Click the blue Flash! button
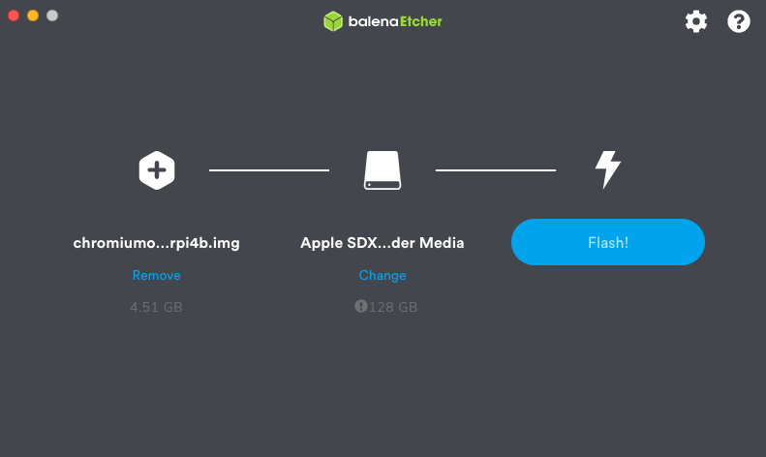tap(607, 242)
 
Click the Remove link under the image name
tap(156, 276)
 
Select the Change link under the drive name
tap(383, 276)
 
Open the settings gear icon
tap(696, 21)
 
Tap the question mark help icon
tap(739, 21)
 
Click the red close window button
tap(14, 15)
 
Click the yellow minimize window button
tap(33, 15)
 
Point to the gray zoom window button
tap(52, 15)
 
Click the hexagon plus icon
tap(157, 170)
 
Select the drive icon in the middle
tap(383, 170)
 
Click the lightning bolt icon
tap(607, 169)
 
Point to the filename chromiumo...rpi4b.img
tap(156, 243)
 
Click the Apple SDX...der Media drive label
tap(383, 243)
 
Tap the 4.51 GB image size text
tap(156, 307)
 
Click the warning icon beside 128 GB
tap(361, 306)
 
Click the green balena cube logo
tap(333, 21)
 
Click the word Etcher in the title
tap(421, 21)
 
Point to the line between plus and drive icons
tap(269, 170)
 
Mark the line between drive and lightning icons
tap(496, 170)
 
